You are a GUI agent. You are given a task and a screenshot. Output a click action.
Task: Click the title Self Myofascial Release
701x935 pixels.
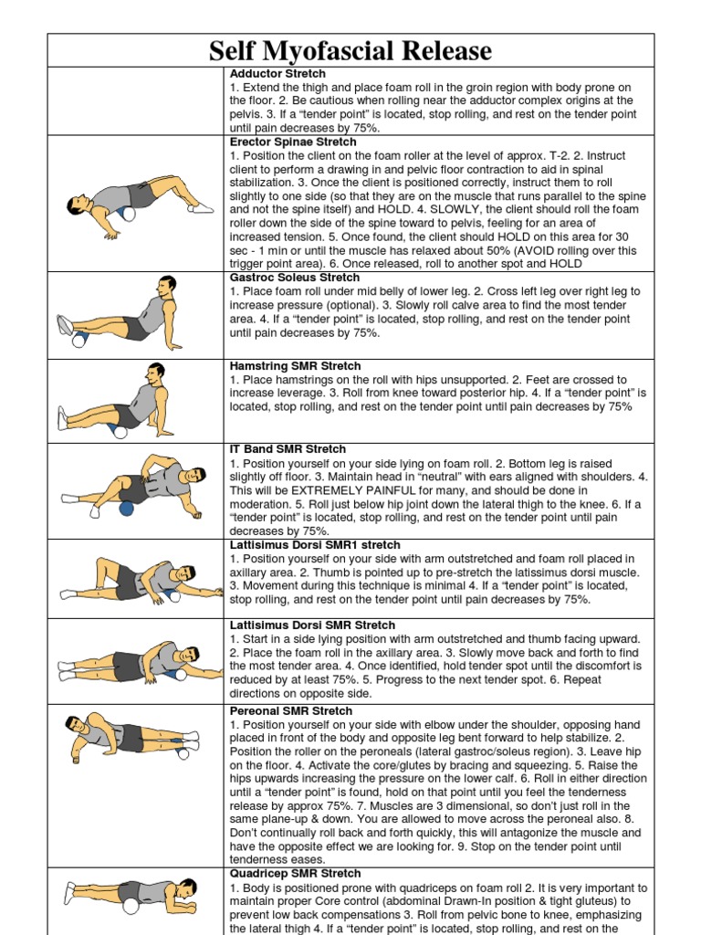pyautogui.click(x=350, y=50)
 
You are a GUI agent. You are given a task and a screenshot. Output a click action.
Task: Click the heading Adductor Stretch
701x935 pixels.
pyautogui.click(x=277, y=73)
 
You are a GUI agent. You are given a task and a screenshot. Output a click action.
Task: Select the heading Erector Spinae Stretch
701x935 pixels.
pyautogui.click(x=293, y=142)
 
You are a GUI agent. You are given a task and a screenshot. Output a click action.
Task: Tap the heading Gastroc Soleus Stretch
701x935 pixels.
pyautogui.click(x=295, y=278)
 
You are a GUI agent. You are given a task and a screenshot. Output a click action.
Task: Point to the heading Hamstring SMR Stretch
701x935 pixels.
pyautogui.click(x=295, y=366)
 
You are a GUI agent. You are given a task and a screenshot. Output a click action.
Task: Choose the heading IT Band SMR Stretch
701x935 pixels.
pyautogui.click(x=288, y=449)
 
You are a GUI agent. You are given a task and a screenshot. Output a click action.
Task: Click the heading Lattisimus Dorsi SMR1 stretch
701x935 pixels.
pyautogui.click(x=315, y=544)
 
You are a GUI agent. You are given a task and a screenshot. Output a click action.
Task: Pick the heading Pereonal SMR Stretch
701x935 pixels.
pyautogui.click(x=290, y=710)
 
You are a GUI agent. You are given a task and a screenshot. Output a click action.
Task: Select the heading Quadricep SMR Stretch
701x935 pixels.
pyautogui.click(x=295, y=874)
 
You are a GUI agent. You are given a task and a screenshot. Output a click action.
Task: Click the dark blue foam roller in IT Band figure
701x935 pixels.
pyautogui.click(x=126, y=508)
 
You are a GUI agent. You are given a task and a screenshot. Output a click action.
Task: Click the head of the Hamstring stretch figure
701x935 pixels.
pyautogui.click(x=155, y=373)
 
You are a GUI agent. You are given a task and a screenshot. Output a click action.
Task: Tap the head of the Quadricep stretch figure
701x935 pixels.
pyautogui.click(x=186, y=888)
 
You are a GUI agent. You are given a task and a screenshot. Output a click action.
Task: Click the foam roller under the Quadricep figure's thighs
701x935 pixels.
pyautogui.click(x=131, y=906)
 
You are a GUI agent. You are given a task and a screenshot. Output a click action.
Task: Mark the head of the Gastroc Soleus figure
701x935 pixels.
pyautogui.click(x=166, y=286)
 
